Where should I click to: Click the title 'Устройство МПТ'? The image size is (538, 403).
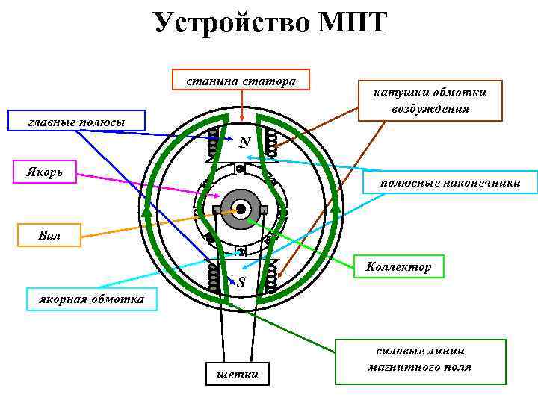(x=270, y=22)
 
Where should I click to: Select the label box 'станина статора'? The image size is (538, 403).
(x=241, y=80)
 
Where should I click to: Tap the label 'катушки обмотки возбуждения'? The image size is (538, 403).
(x=430, y=100)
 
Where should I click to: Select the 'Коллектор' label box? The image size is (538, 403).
(x=398, y=266)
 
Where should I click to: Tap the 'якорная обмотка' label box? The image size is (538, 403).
(x=92, y=299)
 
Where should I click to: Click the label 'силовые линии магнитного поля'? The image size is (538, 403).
(x=419, y=360)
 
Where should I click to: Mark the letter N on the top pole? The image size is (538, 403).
(x=244, y=142)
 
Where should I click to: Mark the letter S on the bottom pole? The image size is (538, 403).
(x=242, y=282)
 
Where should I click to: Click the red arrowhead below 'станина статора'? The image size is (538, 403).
(x=241, y=110)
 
